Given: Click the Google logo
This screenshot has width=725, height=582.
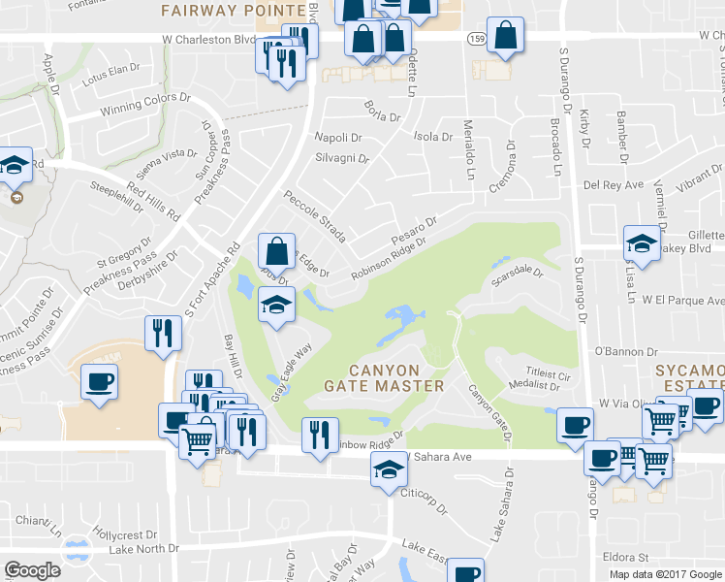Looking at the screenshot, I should click(x=33, y=570).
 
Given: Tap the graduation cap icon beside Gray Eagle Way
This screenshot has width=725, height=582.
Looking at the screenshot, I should click(x=276, y=305).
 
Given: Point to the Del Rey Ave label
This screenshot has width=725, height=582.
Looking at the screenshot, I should click(x=612, y=184).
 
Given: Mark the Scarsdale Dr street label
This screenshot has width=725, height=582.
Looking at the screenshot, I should click(x=518, y=275).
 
